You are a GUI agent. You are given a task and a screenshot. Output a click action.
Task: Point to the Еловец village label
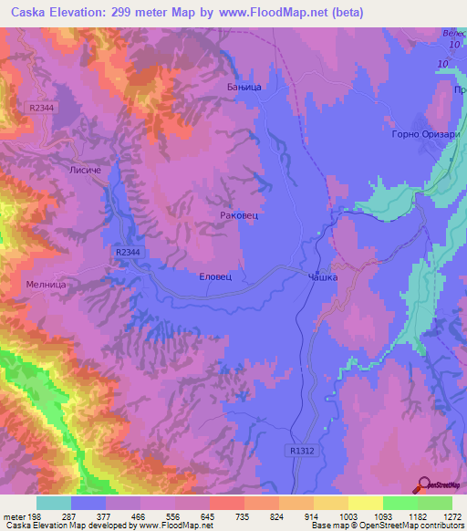point(215,275)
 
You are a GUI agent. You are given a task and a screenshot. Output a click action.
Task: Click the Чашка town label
point(324,276)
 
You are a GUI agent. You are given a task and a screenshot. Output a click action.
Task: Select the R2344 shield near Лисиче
point(41,108)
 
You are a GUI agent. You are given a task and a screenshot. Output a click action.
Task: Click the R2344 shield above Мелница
point(129,253)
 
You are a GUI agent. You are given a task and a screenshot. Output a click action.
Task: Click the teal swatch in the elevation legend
point(54,503)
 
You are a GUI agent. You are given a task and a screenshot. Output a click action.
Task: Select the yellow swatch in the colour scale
point(365,503)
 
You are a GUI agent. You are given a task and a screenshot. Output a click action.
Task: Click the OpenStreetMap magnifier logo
point(423,485)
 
